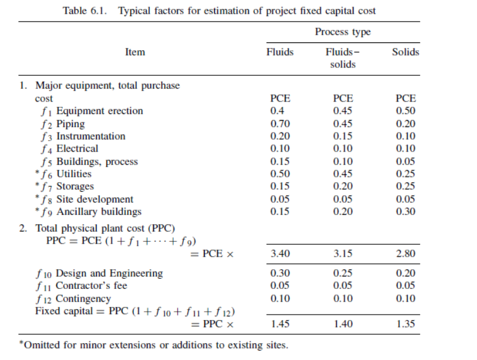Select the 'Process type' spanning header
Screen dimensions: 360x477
[x=343, y=32]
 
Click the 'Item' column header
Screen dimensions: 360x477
[x=135, y=52]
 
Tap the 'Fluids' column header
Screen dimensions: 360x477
[x=280, y=52]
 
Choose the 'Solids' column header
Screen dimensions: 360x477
[x=405, y=52]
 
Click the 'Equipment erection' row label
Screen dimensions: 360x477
[x=100, y=111]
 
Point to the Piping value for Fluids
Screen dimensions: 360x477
[x=277, y=124]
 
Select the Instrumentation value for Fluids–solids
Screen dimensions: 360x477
[x=343, y=136]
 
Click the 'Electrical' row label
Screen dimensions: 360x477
[x=78, y=149]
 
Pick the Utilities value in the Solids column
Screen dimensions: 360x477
[x=405, y=174]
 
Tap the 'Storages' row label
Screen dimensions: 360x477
[x=75, y=186]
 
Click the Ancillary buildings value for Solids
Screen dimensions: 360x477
[x=405, y=211]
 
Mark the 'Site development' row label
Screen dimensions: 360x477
[x=95, y=199]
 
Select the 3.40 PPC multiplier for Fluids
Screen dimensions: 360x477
[x=279, y=254]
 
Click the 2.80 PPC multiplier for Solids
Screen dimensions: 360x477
[x=405, y=254]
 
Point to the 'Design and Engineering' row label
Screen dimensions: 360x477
[x=109, y=273]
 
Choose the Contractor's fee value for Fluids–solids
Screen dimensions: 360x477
[x=343, y=285]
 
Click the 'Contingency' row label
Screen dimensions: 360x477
[x=83, y=299]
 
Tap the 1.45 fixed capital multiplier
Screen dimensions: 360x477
[x=279, y=324]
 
